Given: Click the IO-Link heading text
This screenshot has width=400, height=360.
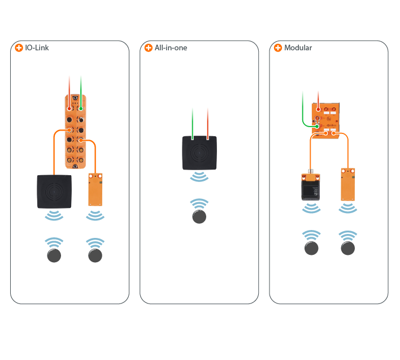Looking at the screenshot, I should (37, 48).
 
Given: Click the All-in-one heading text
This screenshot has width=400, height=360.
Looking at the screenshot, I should (171, 48).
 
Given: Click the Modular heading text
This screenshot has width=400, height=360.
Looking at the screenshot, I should (298, 48).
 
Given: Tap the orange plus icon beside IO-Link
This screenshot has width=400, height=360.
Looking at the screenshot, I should (19, 48).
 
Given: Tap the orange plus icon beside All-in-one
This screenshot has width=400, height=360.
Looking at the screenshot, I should (149, 48).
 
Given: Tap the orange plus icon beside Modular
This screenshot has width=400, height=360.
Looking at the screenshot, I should (278, 48).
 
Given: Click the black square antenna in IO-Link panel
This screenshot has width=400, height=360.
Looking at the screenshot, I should (54, 192).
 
